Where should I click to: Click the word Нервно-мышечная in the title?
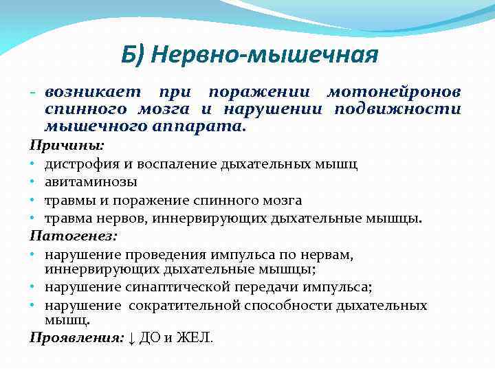tap(269, 54)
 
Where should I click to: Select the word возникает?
tap(92, 92)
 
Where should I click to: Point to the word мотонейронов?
tap(394, 92)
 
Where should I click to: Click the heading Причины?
tap(67, 146)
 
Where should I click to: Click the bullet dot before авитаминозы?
tap(33, 182)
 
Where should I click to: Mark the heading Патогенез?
tap(74, 236)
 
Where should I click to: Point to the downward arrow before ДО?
tap(133, 337)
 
